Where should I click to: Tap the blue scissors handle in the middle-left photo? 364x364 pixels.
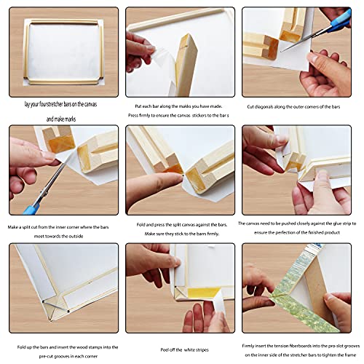point(30,210)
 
